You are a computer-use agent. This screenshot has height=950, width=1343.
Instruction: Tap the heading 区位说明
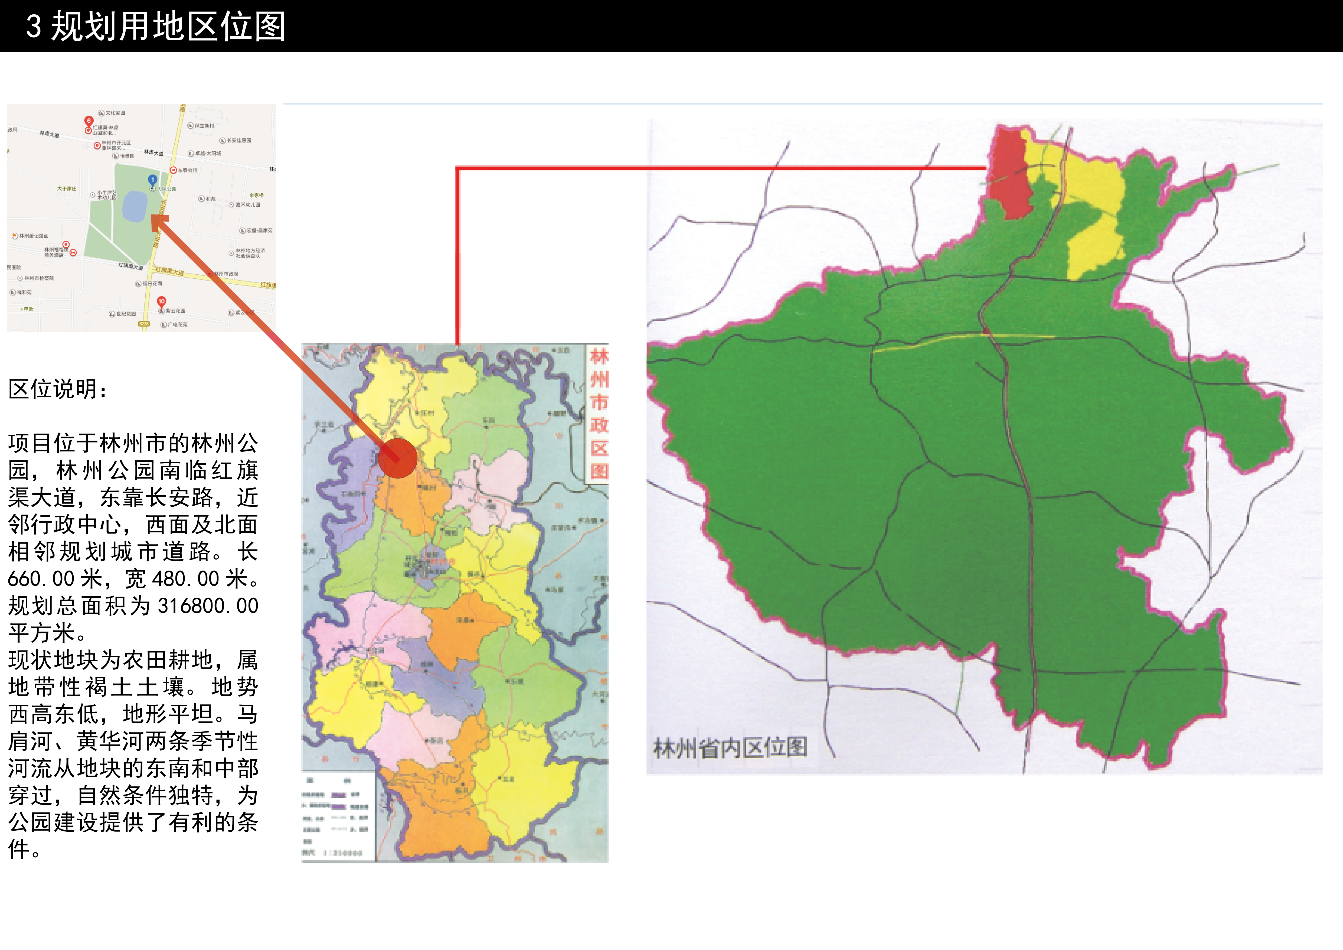[57, 389]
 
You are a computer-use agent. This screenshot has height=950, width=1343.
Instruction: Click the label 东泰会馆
[187, 170]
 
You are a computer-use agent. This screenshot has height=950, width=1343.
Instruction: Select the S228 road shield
[144, 324]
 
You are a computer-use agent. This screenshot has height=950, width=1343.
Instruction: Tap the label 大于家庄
[67, 189]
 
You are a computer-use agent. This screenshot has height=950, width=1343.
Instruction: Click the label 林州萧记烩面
[34, 236]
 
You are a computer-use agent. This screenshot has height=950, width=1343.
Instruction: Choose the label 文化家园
[115, 113]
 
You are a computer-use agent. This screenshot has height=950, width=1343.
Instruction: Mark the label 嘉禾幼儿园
[248, 205]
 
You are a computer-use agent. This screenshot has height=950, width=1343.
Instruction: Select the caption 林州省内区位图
[730, 748]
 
